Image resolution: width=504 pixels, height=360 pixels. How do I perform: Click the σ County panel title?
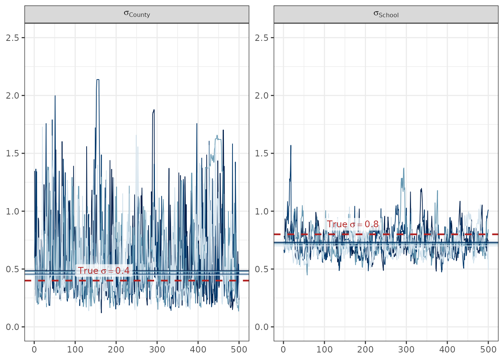click(137, 14)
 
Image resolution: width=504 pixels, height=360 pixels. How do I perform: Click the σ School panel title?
click(386, 14)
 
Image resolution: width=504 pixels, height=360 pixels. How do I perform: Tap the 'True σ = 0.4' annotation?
click(104, 271)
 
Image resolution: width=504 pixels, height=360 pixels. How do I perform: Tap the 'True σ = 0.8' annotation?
click(352, 224)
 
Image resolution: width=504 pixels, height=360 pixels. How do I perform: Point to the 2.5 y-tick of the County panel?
click(12, 38)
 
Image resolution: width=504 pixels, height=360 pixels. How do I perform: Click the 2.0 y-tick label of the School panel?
click(261, 96)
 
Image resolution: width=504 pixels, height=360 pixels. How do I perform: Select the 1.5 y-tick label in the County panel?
click(12, 153)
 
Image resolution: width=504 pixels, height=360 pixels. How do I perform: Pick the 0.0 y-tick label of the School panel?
click(261, 327)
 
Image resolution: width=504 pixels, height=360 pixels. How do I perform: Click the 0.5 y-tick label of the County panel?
click(12, 269)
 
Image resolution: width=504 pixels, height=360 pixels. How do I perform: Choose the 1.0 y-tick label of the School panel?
click(261, 211)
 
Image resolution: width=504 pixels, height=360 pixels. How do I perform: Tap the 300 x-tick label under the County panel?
click(157, 349)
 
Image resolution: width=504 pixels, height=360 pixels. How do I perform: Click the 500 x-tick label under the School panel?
click(488, 349)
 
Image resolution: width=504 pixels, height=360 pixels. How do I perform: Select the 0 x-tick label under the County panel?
click(34, 349)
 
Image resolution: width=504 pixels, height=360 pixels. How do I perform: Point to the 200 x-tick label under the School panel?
click(365, 349)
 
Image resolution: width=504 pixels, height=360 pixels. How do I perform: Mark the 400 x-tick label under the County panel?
click(198, 349)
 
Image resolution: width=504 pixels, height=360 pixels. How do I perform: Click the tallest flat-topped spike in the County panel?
click(97, 79)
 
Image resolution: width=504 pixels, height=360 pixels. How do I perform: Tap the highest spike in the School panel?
click(291, 146)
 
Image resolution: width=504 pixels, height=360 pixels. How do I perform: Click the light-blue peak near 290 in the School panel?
click(403, 168)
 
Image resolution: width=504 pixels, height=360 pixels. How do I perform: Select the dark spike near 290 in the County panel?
click(154, 110)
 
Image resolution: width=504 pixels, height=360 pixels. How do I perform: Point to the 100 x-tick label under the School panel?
click(324, 349)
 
